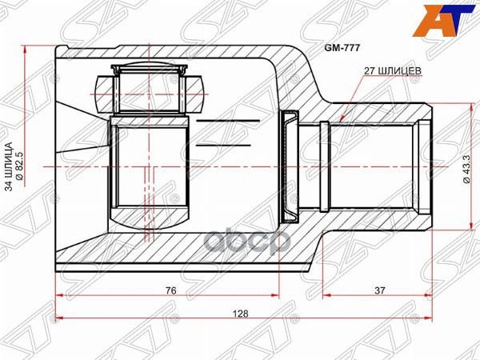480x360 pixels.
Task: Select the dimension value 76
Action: (167, 291)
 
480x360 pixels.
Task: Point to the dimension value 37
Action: (378, 291)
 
